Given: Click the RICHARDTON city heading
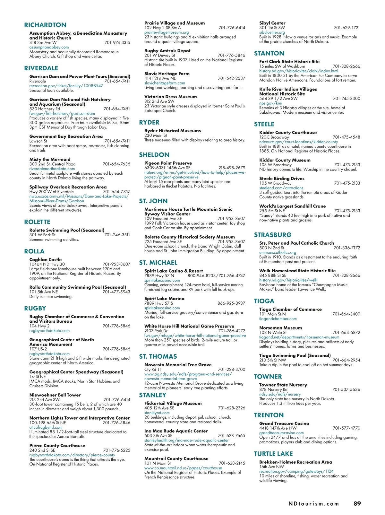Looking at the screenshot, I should [x=45, y=25].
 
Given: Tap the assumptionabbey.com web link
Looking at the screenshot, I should [x=49, y=47].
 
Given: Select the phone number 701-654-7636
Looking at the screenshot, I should [x=116, y=164].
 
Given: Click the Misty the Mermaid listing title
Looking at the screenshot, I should [x=50, y=159].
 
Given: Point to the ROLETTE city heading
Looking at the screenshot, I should [x=37, y=222].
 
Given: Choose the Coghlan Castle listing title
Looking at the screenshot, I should [x=46, y=259].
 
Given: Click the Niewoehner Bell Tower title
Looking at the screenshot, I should [x=55, y=395].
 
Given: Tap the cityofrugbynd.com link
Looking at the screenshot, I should [x=46, y=427].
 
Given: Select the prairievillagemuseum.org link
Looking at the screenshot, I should [x=167, y=32].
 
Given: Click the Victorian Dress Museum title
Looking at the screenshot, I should [x=170, y=97].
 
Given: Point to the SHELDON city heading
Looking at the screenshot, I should [x=154, y=155].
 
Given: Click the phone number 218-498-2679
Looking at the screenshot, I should [x=232, y=168].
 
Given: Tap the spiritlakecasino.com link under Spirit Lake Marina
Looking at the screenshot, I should [x=162, y=308].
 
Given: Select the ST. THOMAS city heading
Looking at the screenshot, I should [x=158, y=356].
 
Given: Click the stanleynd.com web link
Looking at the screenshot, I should [x=157, y=413].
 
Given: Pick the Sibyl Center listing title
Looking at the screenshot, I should [x=272, y=23].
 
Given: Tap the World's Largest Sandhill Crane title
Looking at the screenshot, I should [x=292, y=206].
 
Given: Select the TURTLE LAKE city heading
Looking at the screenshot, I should [x=273, y=454].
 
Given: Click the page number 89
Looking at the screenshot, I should [x=357, y=503].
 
